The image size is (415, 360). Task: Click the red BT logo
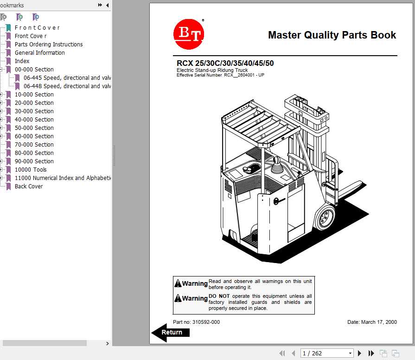(x=189, y=34)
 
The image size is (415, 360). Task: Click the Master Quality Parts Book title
(x=332, y=35)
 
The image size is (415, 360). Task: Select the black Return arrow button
(x=171, y=332)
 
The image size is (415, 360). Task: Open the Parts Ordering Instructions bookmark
(x=49, y=45)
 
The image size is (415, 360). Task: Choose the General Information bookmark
(x=39, y=53)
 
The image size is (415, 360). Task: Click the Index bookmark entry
(x=22, y=61)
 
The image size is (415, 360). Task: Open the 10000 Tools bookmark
(x=31, y=170)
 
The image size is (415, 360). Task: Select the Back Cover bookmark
(x=29, y=186)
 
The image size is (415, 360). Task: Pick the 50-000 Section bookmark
(x=34, y=128)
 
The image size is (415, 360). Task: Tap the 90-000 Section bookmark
(x=34, y=161)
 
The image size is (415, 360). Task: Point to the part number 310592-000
(x=196, y=322)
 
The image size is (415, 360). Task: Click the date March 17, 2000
(x=372, y=322)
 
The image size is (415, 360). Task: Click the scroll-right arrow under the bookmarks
(x=108, y=343)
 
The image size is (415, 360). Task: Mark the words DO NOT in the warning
(x=219, y=296)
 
